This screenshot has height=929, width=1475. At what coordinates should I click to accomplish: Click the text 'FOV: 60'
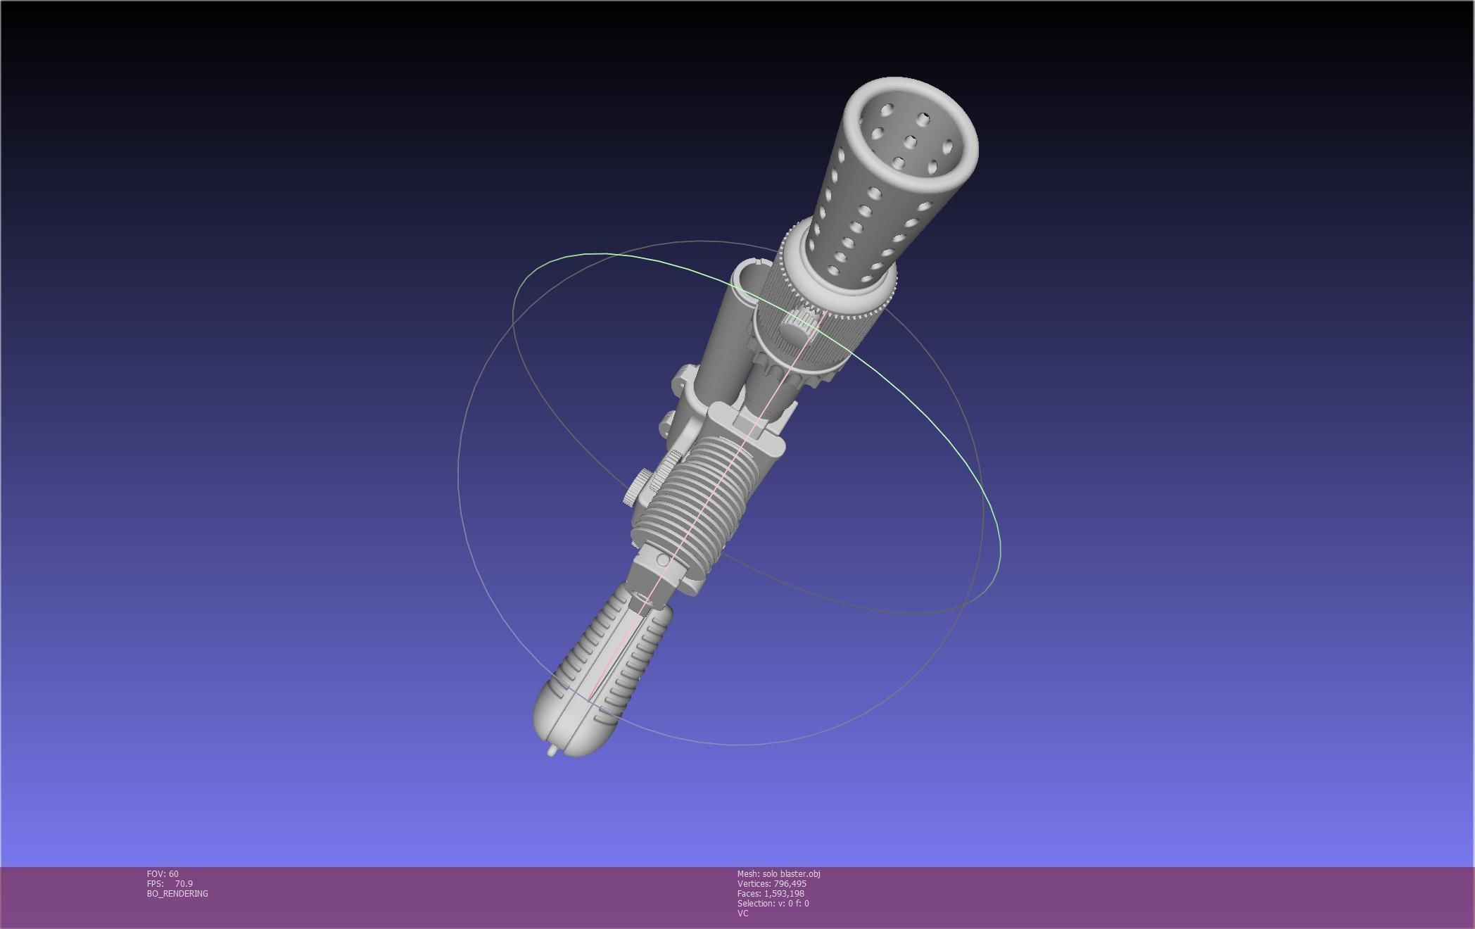(x=163, y=874)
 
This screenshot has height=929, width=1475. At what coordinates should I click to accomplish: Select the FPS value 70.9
(x=184, y=884)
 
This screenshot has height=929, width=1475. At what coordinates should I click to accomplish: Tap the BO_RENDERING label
(x=177, y=894)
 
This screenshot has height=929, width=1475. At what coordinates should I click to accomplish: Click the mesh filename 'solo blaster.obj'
(x=791, y=874)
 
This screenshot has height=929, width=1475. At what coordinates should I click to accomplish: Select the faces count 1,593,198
(x=784, y=894)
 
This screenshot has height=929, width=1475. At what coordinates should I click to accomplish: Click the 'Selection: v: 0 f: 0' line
(x=773, y=904)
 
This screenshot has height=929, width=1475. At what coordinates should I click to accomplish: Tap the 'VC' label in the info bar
(x=742, y=914)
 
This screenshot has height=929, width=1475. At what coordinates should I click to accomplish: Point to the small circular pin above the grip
(x=663, y=560)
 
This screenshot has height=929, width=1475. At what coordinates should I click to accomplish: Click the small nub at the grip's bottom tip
(x=551, y=752)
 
